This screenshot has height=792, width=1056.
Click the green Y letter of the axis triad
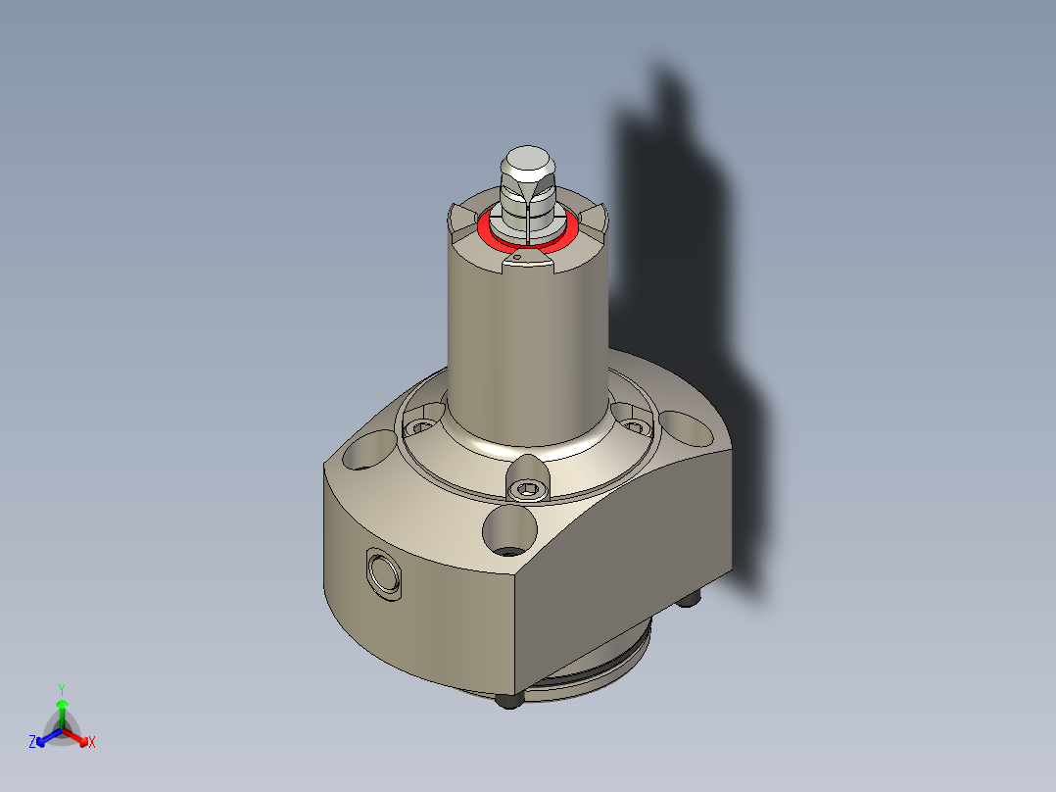61,688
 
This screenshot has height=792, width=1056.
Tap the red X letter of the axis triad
92,743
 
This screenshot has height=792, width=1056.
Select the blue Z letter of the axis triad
32,743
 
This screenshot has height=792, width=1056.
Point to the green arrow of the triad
61,708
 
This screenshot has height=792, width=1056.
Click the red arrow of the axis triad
79,736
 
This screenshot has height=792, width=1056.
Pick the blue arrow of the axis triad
44,737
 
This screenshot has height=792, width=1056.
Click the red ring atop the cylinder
487,234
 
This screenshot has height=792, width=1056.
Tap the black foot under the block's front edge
506,700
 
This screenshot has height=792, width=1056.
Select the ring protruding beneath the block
588,676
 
